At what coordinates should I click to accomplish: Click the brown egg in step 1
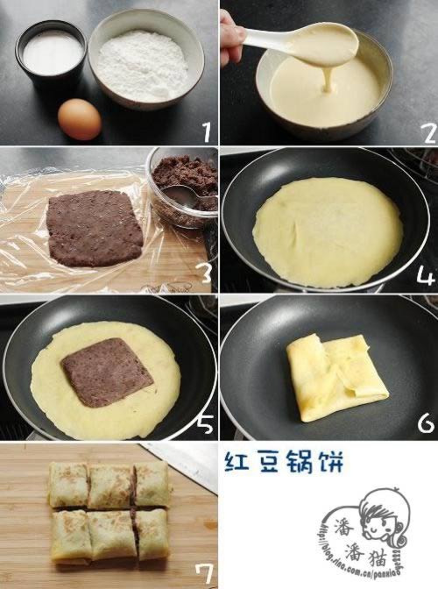[x=79, y=118]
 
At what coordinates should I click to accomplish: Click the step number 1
[x=206, y=132]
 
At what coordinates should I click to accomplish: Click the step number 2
[x=426, y=131]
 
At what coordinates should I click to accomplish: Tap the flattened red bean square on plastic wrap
[x=95, y=228]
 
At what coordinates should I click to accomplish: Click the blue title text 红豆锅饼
[x=272, y=462]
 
